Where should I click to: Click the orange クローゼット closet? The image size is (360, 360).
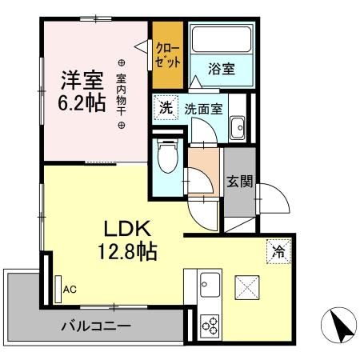click(x=168, y=55)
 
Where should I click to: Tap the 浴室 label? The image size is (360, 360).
click(x=222, y=69)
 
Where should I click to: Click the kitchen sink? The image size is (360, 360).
click(x=209, y=285)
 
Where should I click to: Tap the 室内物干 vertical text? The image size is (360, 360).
click(x=122, y=94)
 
